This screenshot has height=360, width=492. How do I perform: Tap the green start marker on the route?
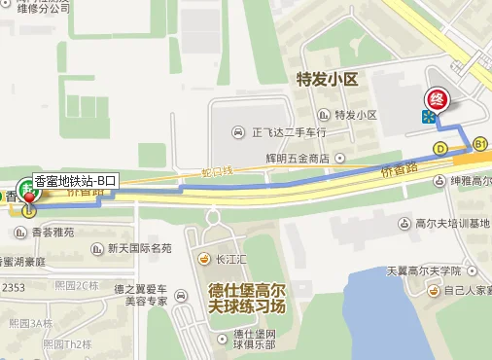coord(27,190)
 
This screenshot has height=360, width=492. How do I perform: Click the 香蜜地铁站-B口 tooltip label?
coord(75,179)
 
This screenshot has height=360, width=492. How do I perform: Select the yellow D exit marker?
coord(440,149)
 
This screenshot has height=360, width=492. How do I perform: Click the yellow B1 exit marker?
coord(479,143)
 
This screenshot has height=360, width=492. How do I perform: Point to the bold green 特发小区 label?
coord(329,75)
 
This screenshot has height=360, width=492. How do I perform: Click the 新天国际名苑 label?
coord(139,248)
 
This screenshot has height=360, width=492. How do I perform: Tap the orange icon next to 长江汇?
coord(204,259)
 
